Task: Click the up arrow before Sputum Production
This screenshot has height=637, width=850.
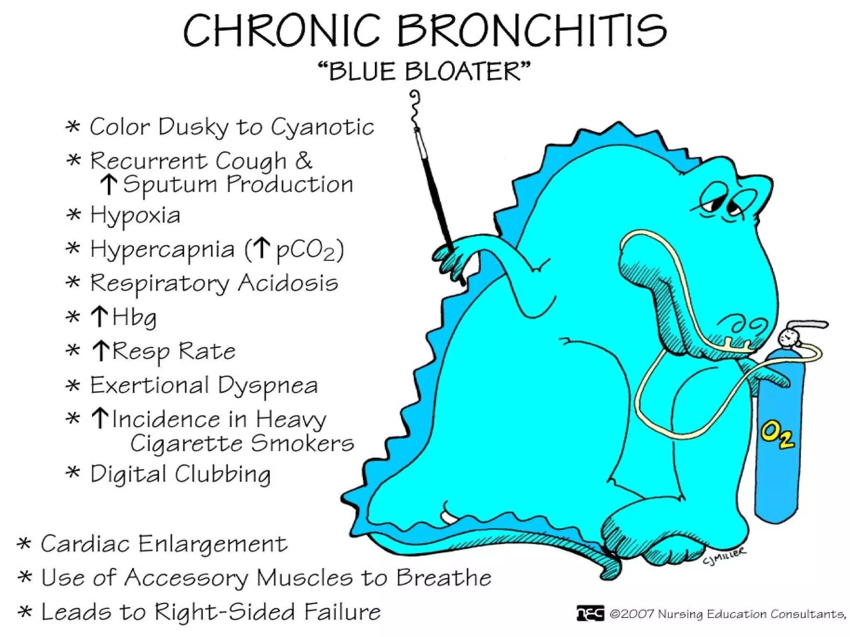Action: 109,185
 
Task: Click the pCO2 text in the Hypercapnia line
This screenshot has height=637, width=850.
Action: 305,250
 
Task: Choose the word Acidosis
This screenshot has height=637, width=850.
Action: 288,283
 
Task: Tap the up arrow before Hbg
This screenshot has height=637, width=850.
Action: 100,317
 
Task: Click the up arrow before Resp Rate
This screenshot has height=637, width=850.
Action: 100,351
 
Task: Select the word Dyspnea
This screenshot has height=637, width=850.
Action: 268,386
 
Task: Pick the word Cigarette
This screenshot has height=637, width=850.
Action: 187,443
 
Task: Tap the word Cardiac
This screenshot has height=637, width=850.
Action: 85,544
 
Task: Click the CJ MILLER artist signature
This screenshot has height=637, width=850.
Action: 724,555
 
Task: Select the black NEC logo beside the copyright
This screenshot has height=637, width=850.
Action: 590,613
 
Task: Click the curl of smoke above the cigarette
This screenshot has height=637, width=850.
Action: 414,106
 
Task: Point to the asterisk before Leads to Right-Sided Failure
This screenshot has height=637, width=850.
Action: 24,612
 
